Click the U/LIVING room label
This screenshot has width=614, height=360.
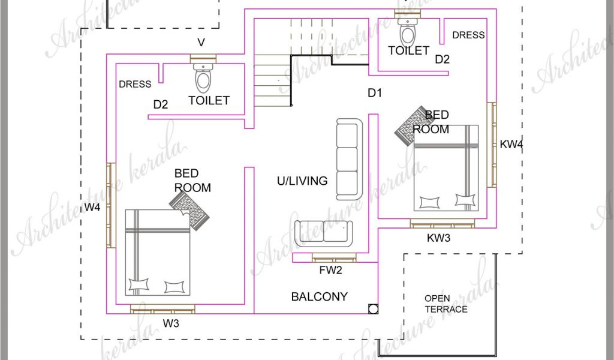302,181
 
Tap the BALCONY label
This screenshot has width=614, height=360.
319,296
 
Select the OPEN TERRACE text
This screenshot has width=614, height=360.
446,304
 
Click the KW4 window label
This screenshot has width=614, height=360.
511,144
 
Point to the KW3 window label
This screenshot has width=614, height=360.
438,238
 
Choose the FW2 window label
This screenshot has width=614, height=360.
330,270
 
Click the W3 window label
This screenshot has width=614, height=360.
171,323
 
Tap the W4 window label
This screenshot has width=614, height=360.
92,208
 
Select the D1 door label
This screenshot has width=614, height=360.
374,93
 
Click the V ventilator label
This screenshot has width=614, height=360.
201,43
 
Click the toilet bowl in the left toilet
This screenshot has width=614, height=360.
203,78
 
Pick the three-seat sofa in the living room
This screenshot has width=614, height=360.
348,160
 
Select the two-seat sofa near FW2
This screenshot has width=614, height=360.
323,233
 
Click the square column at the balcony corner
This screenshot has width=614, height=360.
373,309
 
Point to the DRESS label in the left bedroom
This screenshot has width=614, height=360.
135,84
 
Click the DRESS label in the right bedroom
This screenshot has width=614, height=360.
468,35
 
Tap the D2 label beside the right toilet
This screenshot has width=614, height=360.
442,59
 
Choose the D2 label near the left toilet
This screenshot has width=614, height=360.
161,104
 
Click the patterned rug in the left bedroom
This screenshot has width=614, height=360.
189,212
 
